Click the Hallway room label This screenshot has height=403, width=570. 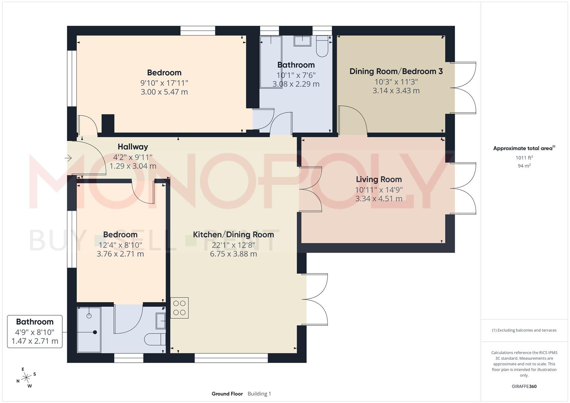pyautogui.click(x=133, y=147)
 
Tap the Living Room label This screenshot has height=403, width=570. pyautogui.click(x=379, y=179)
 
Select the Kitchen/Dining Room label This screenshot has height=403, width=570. pyautogui.click(x=233, y=235)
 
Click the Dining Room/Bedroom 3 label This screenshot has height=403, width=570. pyautogui.click(x=396, y=71)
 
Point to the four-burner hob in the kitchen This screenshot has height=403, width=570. pyautogui.click(x=180, y=308)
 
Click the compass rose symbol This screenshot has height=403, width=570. pyautogui.click(x=26, y=378)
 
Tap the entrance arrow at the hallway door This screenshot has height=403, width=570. pyautogui.click(x=68, y=158)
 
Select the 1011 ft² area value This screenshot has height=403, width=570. pyautogui.click(x=524, y=157)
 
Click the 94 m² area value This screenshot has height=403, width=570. pyautogui.click(x=524, y=166)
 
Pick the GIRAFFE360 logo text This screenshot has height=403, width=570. pyautogui.click(x=524, y=386)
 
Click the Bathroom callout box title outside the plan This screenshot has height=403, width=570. pyautogui.click(x=35, y=322)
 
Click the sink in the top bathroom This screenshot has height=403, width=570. pyautogui.click(x=302, y=41)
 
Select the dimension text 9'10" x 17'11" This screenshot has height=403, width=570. pyautogui.click(x=164, y=82)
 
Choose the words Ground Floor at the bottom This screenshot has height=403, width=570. pyautogui.click(x=227, y=394)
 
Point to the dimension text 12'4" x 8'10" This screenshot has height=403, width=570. pyautogui.click(x=120, y=245)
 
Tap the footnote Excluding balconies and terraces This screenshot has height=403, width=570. pyautogui.click(x=524, y=330)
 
